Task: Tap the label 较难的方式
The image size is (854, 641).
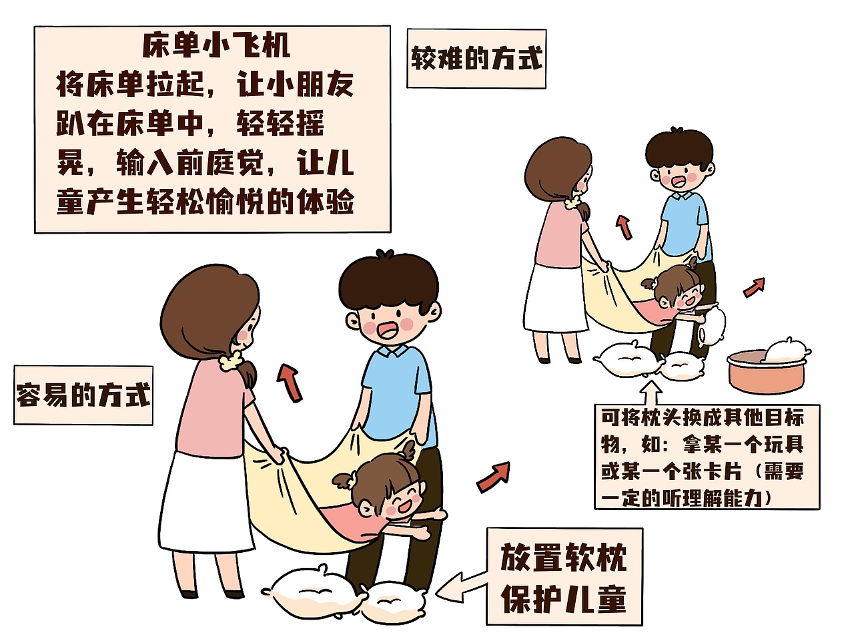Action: click(476, 59)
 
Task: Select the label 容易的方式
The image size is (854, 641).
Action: click(83, 395)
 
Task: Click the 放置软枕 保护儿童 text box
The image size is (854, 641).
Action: click(564, 576)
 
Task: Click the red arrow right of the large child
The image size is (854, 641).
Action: click(494, 476)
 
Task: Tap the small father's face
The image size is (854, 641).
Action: click(679, 176)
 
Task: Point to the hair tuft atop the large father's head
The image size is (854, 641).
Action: click(384, 255)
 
